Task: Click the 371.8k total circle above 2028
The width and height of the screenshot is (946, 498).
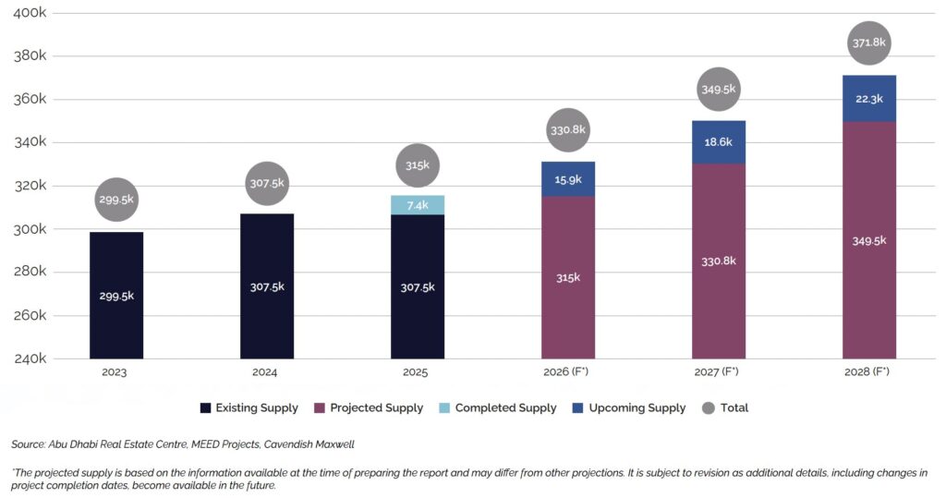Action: coord(868,43)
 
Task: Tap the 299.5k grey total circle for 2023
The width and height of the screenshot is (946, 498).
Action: coord(116,199)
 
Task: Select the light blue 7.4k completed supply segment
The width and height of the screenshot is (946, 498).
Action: coord(418,205)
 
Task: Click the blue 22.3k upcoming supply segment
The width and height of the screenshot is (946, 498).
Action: coord(868,99)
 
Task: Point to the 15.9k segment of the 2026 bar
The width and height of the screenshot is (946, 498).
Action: coord(568,179)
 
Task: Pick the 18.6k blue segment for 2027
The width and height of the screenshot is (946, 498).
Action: coord(719,142)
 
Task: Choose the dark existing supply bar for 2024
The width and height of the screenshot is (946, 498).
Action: coord(267,286)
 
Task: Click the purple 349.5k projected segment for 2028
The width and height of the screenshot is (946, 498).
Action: coord(868,240)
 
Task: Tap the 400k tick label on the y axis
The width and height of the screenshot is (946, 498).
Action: coord(30,13)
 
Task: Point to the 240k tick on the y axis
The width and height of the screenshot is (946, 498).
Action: coord(30,358)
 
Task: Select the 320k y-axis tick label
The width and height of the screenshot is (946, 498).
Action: coord(30,186)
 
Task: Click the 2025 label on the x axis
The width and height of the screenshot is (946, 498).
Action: coord(418,372)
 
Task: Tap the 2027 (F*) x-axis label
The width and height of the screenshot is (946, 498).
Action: coord(719,372)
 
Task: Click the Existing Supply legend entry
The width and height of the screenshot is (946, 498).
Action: coord(249,407)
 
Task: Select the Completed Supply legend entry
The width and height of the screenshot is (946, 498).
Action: coord(497,407)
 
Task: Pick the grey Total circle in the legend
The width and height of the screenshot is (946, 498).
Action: coord(709,407)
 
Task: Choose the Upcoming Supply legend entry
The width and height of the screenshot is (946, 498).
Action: coord(628,407)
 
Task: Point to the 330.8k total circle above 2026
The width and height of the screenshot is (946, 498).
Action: coord(568,129)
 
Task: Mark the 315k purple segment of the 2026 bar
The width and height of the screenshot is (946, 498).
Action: coord(568,277)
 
